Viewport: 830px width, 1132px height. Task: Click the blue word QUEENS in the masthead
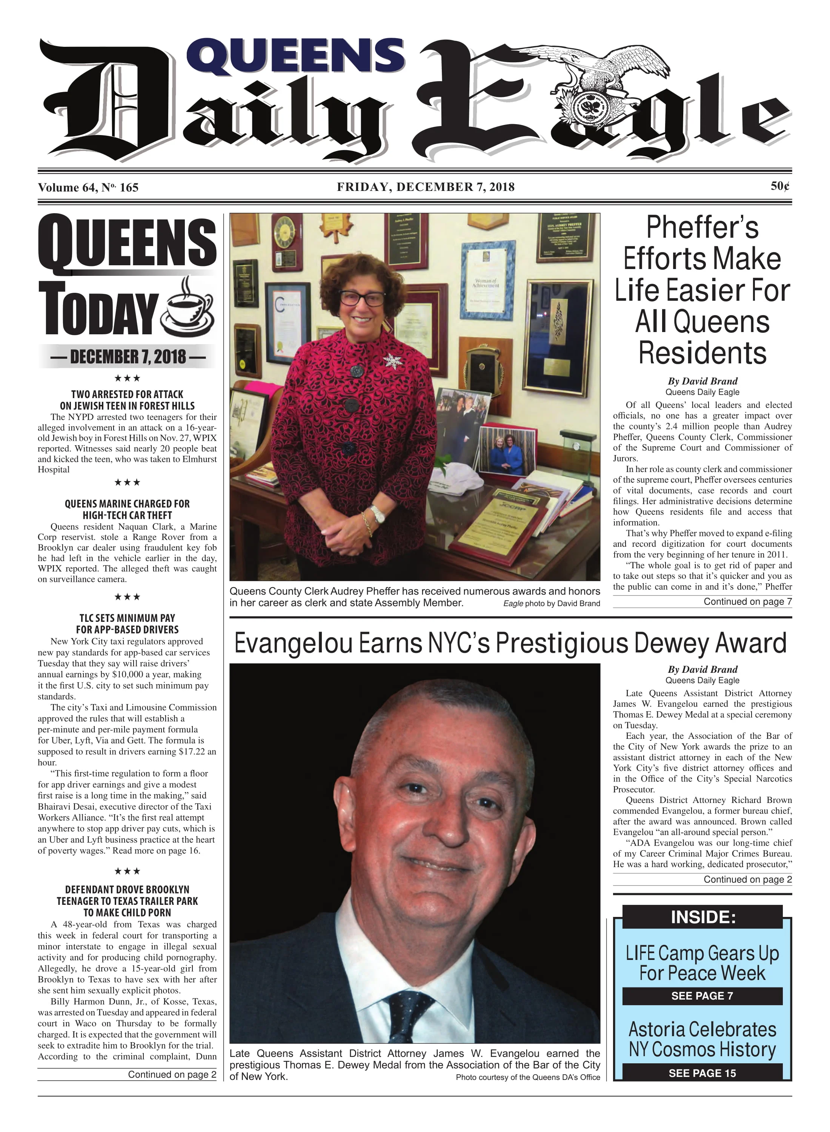(298, 56)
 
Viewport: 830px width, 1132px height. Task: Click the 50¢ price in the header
(780, 186)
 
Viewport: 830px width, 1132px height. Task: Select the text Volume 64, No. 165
(88, 188)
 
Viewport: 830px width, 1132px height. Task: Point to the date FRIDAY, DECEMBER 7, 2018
(426, 187)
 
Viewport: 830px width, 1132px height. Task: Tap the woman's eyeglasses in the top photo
(361, 298)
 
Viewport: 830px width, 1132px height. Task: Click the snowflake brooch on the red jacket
(391, 360)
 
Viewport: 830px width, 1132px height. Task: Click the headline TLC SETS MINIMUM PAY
(127, 618)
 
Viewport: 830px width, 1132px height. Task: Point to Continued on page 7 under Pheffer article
(747, 601)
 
